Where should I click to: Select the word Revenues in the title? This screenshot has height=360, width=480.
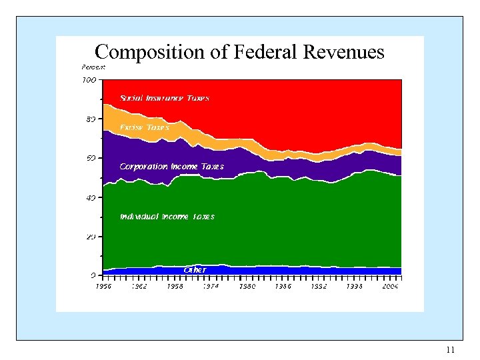click(343, 53)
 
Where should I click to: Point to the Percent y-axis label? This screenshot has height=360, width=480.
click(93, 67)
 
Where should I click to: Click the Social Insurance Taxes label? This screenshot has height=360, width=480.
click(164, 98)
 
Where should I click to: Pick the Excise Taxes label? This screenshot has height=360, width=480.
click(144, 127)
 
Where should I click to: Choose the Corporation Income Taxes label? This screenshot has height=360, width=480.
click(171, 167)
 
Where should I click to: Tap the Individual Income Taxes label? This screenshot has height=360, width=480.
click(167, 217)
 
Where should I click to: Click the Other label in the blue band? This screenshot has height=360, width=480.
click(195, 270)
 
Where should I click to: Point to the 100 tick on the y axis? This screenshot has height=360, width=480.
click(89, 80)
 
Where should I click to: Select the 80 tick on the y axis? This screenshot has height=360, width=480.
click(91, 119)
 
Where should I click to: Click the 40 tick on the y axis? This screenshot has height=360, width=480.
click(91, 197)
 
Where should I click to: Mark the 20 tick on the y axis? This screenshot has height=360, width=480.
click(91, 237)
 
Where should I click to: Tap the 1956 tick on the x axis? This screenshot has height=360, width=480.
click(103, 286)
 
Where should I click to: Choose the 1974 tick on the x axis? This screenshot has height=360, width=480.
click(211, 286)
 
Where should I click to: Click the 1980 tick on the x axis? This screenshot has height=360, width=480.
click(247, 286)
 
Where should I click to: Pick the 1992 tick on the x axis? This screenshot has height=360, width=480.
click(319, 286)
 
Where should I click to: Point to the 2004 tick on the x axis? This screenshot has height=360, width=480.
click(390, 286)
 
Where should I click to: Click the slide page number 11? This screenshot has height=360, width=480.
click(450, 350)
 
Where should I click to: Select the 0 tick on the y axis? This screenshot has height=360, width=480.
click(93, 275)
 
